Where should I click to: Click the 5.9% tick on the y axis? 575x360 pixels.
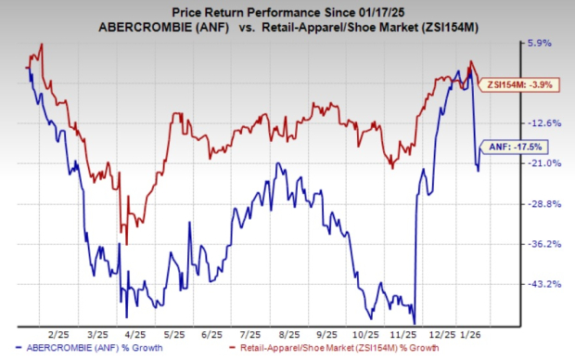[541, 43]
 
